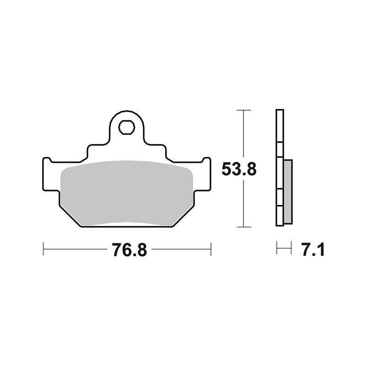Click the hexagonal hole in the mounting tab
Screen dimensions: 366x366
[x=127, y=127]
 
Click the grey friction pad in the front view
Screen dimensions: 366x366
[x=126, y=192]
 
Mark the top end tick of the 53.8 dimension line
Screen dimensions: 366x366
[x=244, y=111]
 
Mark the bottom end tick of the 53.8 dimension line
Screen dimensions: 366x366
[x=244, y=227]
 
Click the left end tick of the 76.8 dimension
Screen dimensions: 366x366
[x=43, y=250]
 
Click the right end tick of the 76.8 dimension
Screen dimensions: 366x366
[x=211, y=250]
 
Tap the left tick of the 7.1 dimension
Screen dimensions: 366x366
[x=277, y=250]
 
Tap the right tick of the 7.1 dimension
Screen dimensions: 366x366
[x=291, y=250]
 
